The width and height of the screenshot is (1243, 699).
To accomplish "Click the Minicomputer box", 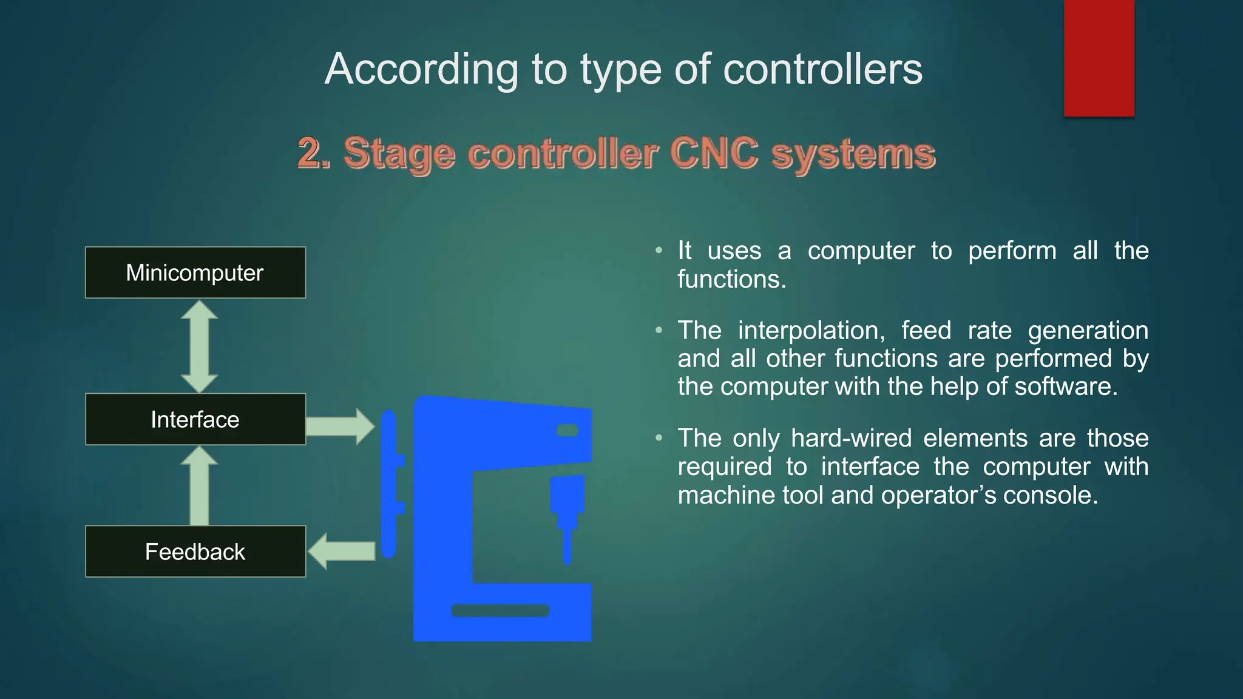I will [195, 272].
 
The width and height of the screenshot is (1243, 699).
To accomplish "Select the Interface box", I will [195, 419].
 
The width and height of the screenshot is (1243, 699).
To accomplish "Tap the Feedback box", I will [195, 552].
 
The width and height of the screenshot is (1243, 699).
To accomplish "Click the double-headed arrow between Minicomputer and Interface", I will [199, 346].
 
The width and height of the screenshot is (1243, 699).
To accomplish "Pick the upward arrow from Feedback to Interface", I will [199, 486].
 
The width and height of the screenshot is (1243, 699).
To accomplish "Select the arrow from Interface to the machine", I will [340, 426].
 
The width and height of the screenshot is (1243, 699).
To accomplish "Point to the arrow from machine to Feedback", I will [342, 551].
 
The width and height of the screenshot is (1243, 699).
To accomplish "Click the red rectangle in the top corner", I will [1099, 58].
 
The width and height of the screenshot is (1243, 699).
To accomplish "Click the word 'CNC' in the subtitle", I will [714, 153].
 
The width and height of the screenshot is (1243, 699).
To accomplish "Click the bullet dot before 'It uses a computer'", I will [659, 251].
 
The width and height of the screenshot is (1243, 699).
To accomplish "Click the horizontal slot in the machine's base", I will [500, 610].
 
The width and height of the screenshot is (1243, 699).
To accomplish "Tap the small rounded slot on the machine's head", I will [567, 430].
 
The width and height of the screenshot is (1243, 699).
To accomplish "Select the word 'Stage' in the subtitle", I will [399, 153].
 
